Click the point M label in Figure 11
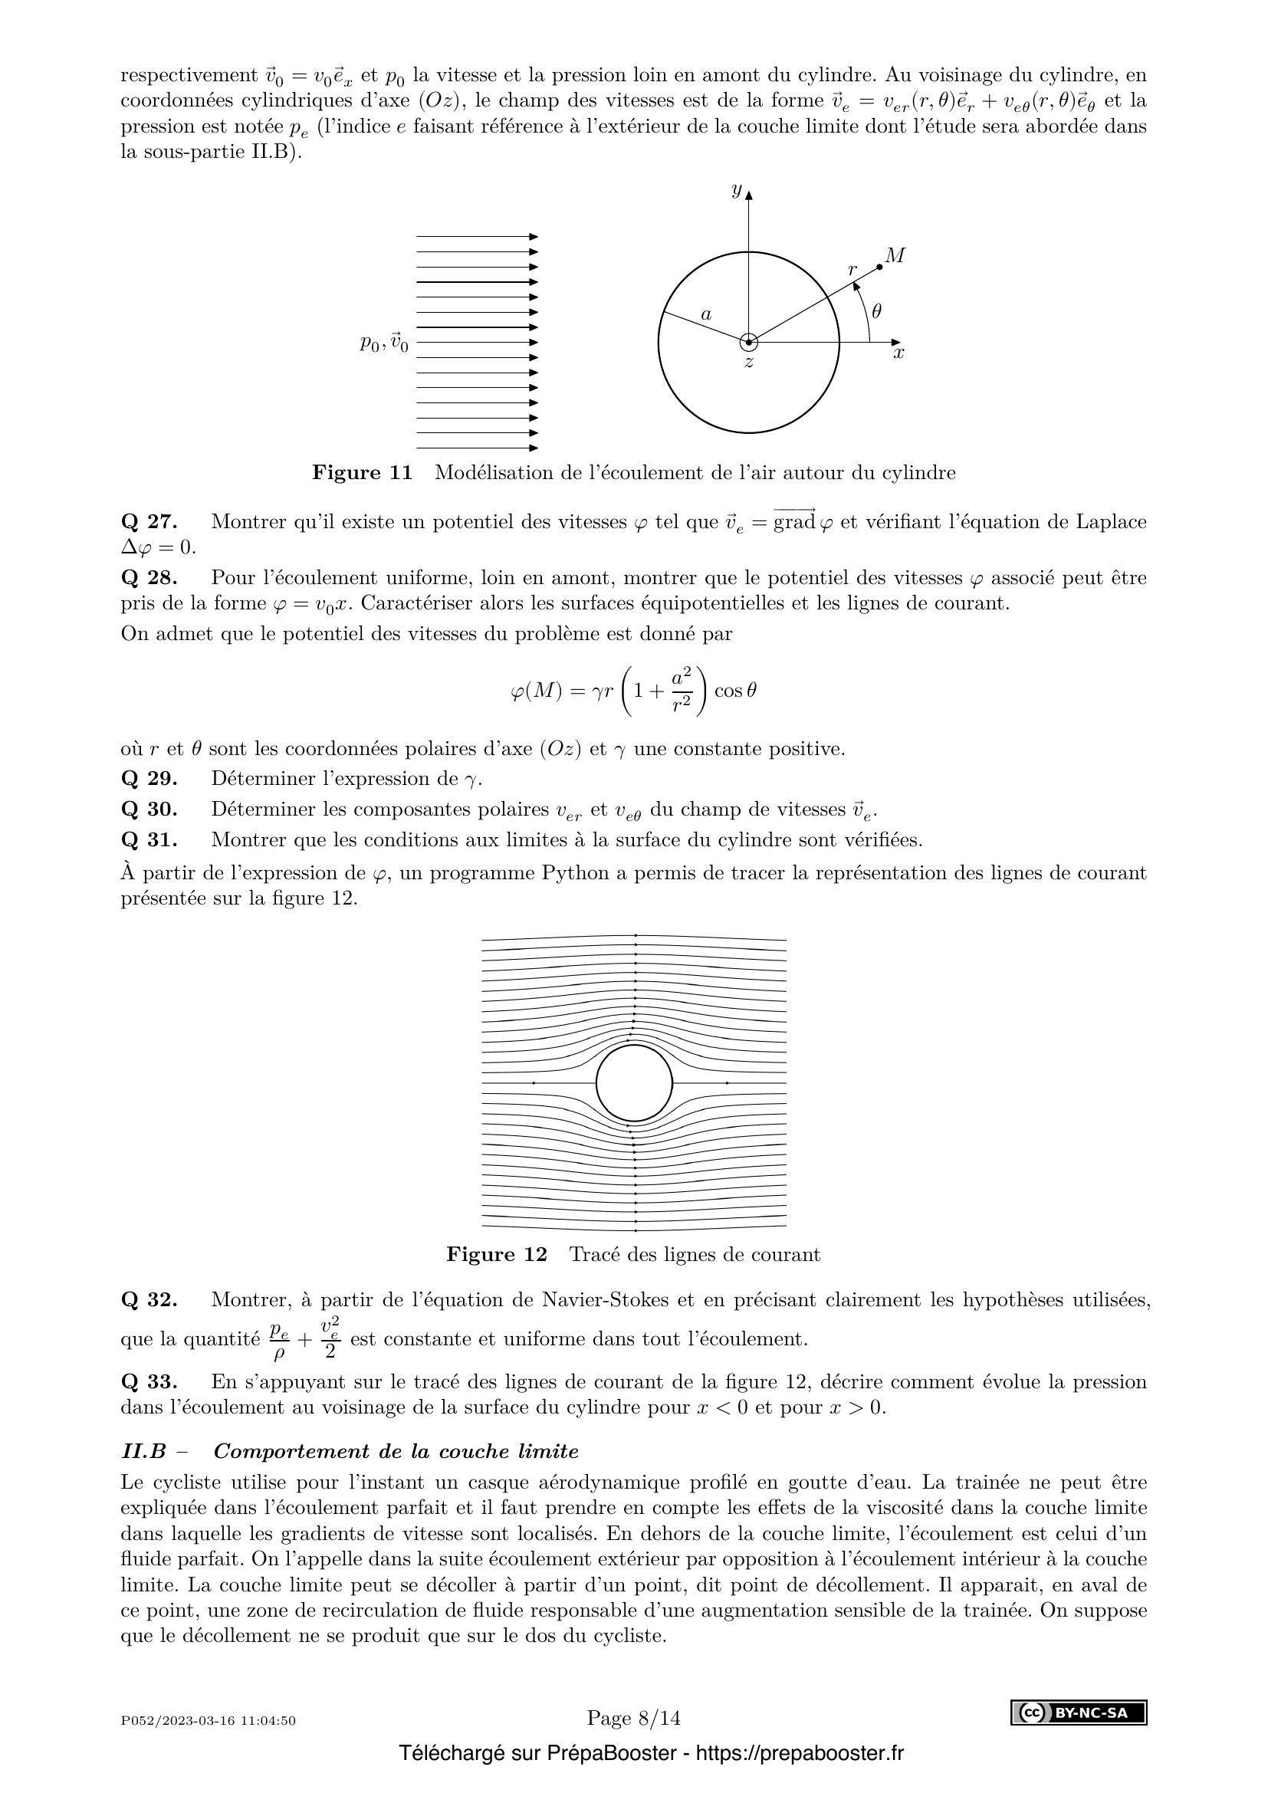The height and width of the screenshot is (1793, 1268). tap(895, 255)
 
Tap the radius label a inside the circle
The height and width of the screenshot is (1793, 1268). tap(706, 315)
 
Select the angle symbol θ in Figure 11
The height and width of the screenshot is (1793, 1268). tap(876, 311)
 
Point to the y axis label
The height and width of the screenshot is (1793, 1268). tap(735, 190)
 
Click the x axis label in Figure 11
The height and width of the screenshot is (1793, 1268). tap(898, 353)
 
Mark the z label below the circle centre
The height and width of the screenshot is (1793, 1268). tap(749, 363)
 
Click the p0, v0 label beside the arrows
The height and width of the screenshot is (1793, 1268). tap(383, 343)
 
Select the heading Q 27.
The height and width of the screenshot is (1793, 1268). tap(149, 522)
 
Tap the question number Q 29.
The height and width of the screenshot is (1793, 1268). tap(149, 779)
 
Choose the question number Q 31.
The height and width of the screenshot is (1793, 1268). tap(149, 840)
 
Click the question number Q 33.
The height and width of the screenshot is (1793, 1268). tap(149, 1381)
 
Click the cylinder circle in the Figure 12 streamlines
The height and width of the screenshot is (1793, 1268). tap(634, 1083)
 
